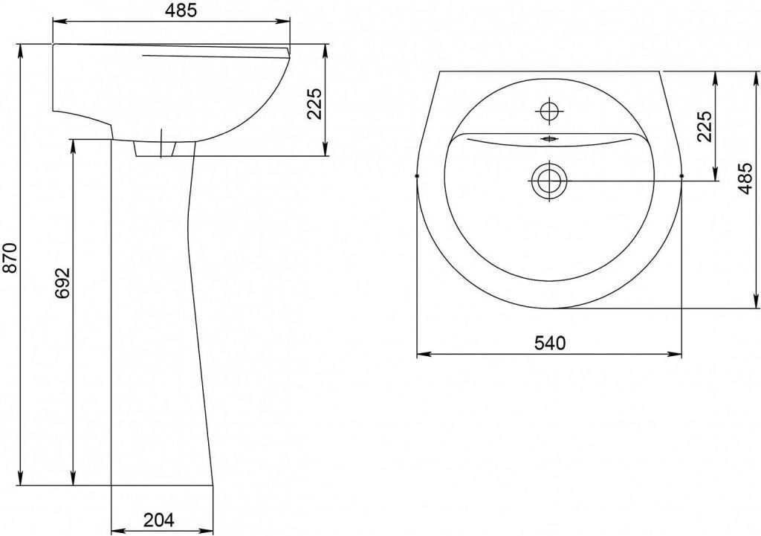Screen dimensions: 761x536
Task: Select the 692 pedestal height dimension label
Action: (x=63, y=283)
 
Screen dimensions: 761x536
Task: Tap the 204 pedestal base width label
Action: (x=159, y=520)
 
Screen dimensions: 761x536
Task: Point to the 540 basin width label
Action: (x=550, y=343)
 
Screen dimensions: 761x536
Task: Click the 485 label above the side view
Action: (x=181, y=10)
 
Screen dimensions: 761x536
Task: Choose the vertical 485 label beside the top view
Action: (x=745, y=178)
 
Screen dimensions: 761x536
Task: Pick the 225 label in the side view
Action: (x=314, y=103)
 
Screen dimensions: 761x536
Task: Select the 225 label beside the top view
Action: (x=705, y=126)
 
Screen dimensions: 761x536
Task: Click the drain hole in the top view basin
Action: (x=549, y=181)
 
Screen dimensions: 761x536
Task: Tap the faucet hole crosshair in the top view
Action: (x=549, y=112)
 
